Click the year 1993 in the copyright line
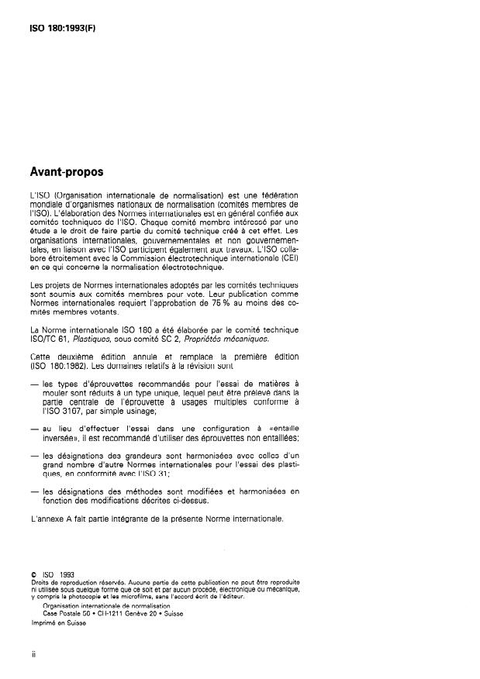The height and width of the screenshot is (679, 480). click(66, 574)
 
